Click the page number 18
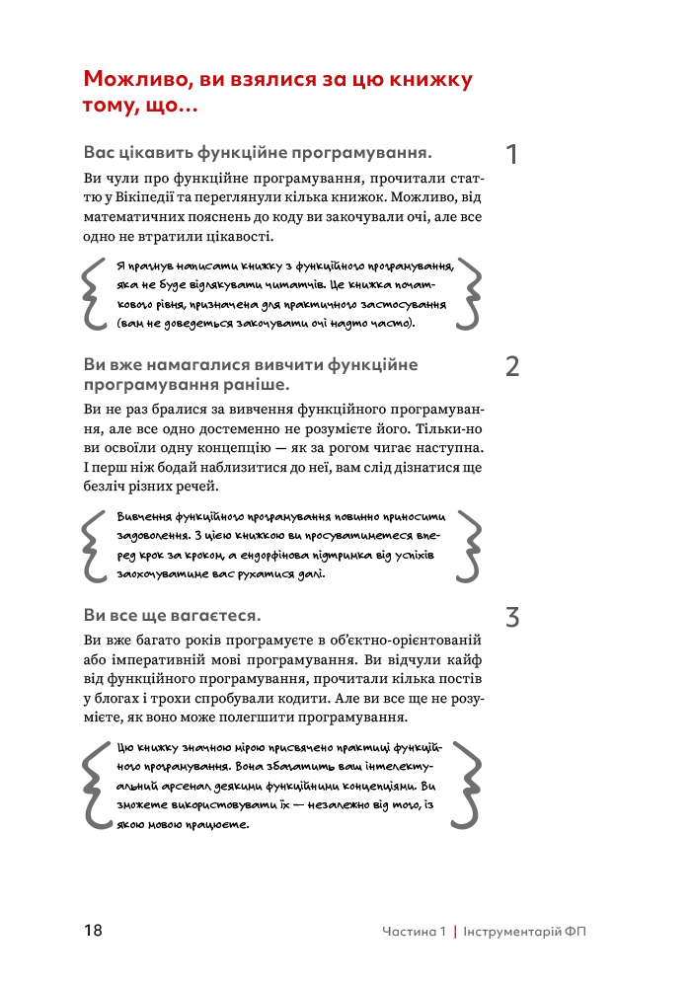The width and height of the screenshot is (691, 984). click(x=94, y=931)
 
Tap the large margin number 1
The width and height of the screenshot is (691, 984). click(x=511, y=155)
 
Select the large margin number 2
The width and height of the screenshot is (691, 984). click(x=512, y=367)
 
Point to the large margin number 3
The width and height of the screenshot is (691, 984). click(x=512, y=618)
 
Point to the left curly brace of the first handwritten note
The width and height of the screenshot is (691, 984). click(x=95, y=291)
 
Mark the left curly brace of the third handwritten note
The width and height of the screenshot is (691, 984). click(x=95, y=786)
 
